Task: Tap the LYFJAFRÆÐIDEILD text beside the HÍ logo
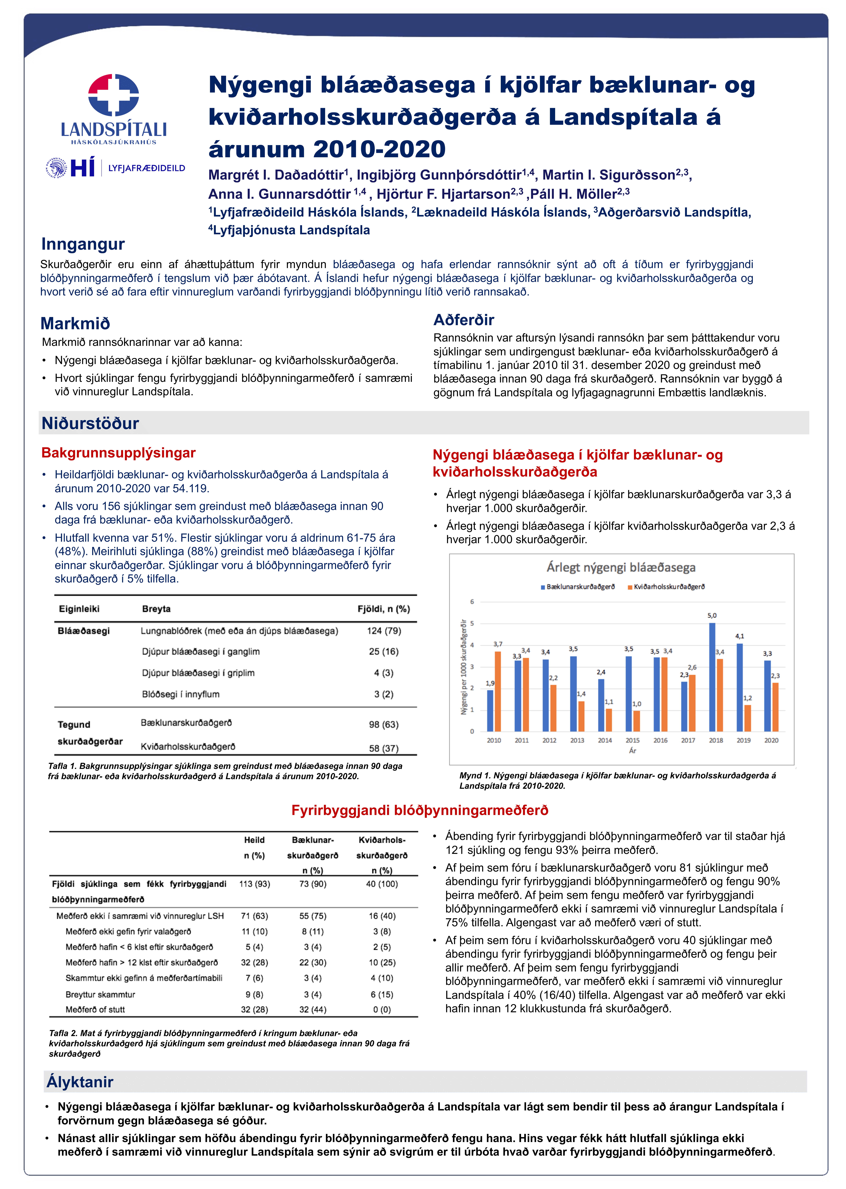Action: [146, 168]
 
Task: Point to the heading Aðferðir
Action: [464, 320]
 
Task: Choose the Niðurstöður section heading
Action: [90, 423]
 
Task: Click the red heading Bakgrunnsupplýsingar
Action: [118, 453]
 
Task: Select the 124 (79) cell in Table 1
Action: [384, 631]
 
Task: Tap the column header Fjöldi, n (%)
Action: [383, 609]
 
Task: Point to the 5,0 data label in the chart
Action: [712, 615]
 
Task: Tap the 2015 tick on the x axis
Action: [632, 740]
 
